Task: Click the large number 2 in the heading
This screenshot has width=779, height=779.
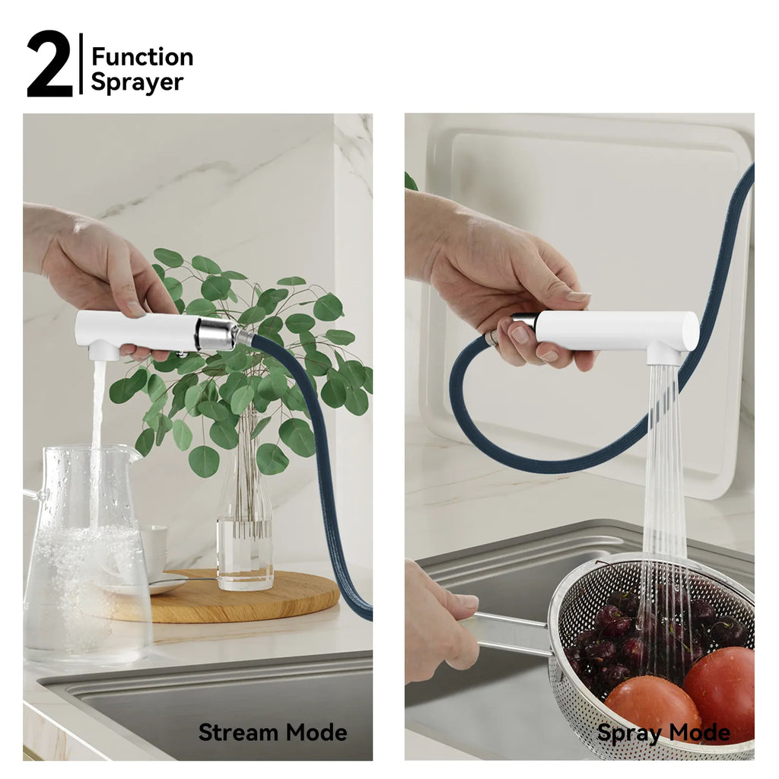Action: click(49, 64)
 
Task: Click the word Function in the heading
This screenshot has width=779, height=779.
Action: click(142, 56)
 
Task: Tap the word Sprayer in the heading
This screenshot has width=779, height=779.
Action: click(137, 82)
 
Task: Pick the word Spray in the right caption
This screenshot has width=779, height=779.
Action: click(629, 733)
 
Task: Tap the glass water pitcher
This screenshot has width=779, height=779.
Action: click(84, 554)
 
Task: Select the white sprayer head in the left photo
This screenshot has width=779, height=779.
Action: click(134, 332)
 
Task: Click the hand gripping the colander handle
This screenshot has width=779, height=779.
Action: click(440, 621)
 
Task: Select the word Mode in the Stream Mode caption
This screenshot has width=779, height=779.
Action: click(316, 733)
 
